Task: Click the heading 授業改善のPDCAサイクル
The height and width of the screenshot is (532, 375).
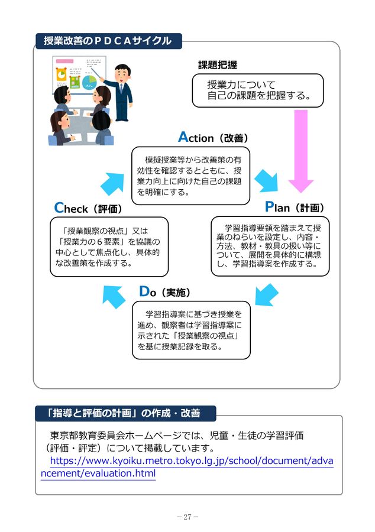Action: (x=108, y=41)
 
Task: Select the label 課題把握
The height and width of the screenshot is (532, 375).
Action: (x=217, y=64)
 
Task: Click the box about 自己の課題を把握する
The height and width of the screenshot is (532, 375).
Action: (x=258, y=90)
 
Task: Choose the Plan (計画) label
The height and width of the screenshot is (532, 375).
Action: (x=294, y=207)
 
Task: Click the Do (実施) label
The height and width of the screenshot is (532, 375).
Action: (x=164, y=292)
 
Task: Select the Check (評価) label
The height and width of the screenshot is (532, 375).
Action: (x=88, y=208)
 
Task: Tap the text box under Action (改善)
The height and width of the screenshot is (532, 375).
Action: (x=190, y=176)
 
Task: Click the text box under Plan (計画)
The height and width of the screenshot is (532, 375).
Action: (x=270, y=246)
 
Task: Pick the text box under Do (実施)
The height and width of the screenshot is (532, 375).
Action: (x=190, y=330)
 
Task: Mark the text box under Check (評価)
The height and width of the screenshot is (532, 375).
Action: (x=109, y=246)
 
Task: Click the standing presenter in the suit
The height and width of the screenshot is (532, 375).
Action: (x=122, y=91)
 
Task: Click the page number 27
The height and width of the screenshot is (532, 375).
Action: (x=187, y=517)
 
